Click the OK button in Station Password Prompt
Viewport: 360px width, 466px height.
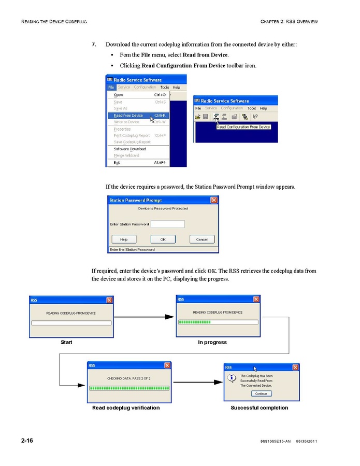(163, 239)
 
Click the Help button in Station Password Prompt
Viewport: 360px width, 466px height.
(124, 239)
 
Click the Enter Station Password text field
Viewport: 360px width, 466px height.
(167, 224)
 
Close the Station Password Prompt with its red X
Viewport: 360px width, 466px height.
(214, 200)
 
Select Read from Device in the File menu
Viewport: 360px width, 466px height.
(128, 116)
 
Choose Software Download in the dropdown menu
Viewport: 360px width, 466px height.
(129, 149)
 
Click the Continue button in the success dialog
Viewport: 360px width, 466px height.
(261, 393)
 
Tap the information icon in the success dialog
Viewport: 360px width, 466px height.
(233, 378)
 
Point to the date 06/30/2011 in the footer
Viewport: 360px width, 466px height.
(306, 441)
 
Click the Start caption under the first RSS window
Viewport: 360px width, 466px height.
(66, 342)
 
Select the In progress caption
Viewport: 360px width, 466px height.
(212, 342)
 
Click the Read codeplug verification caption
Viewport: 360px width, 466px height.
(126, 408)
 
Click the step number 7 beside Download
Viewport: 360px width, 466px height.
(94, 45)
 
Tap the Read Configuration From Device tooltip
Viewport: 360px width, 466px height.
(243, 127)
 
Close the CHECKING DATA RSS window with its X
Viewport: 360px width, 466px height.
(167, 365)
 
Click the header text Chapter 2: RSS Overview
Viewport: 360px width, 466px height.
(290, 21)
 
